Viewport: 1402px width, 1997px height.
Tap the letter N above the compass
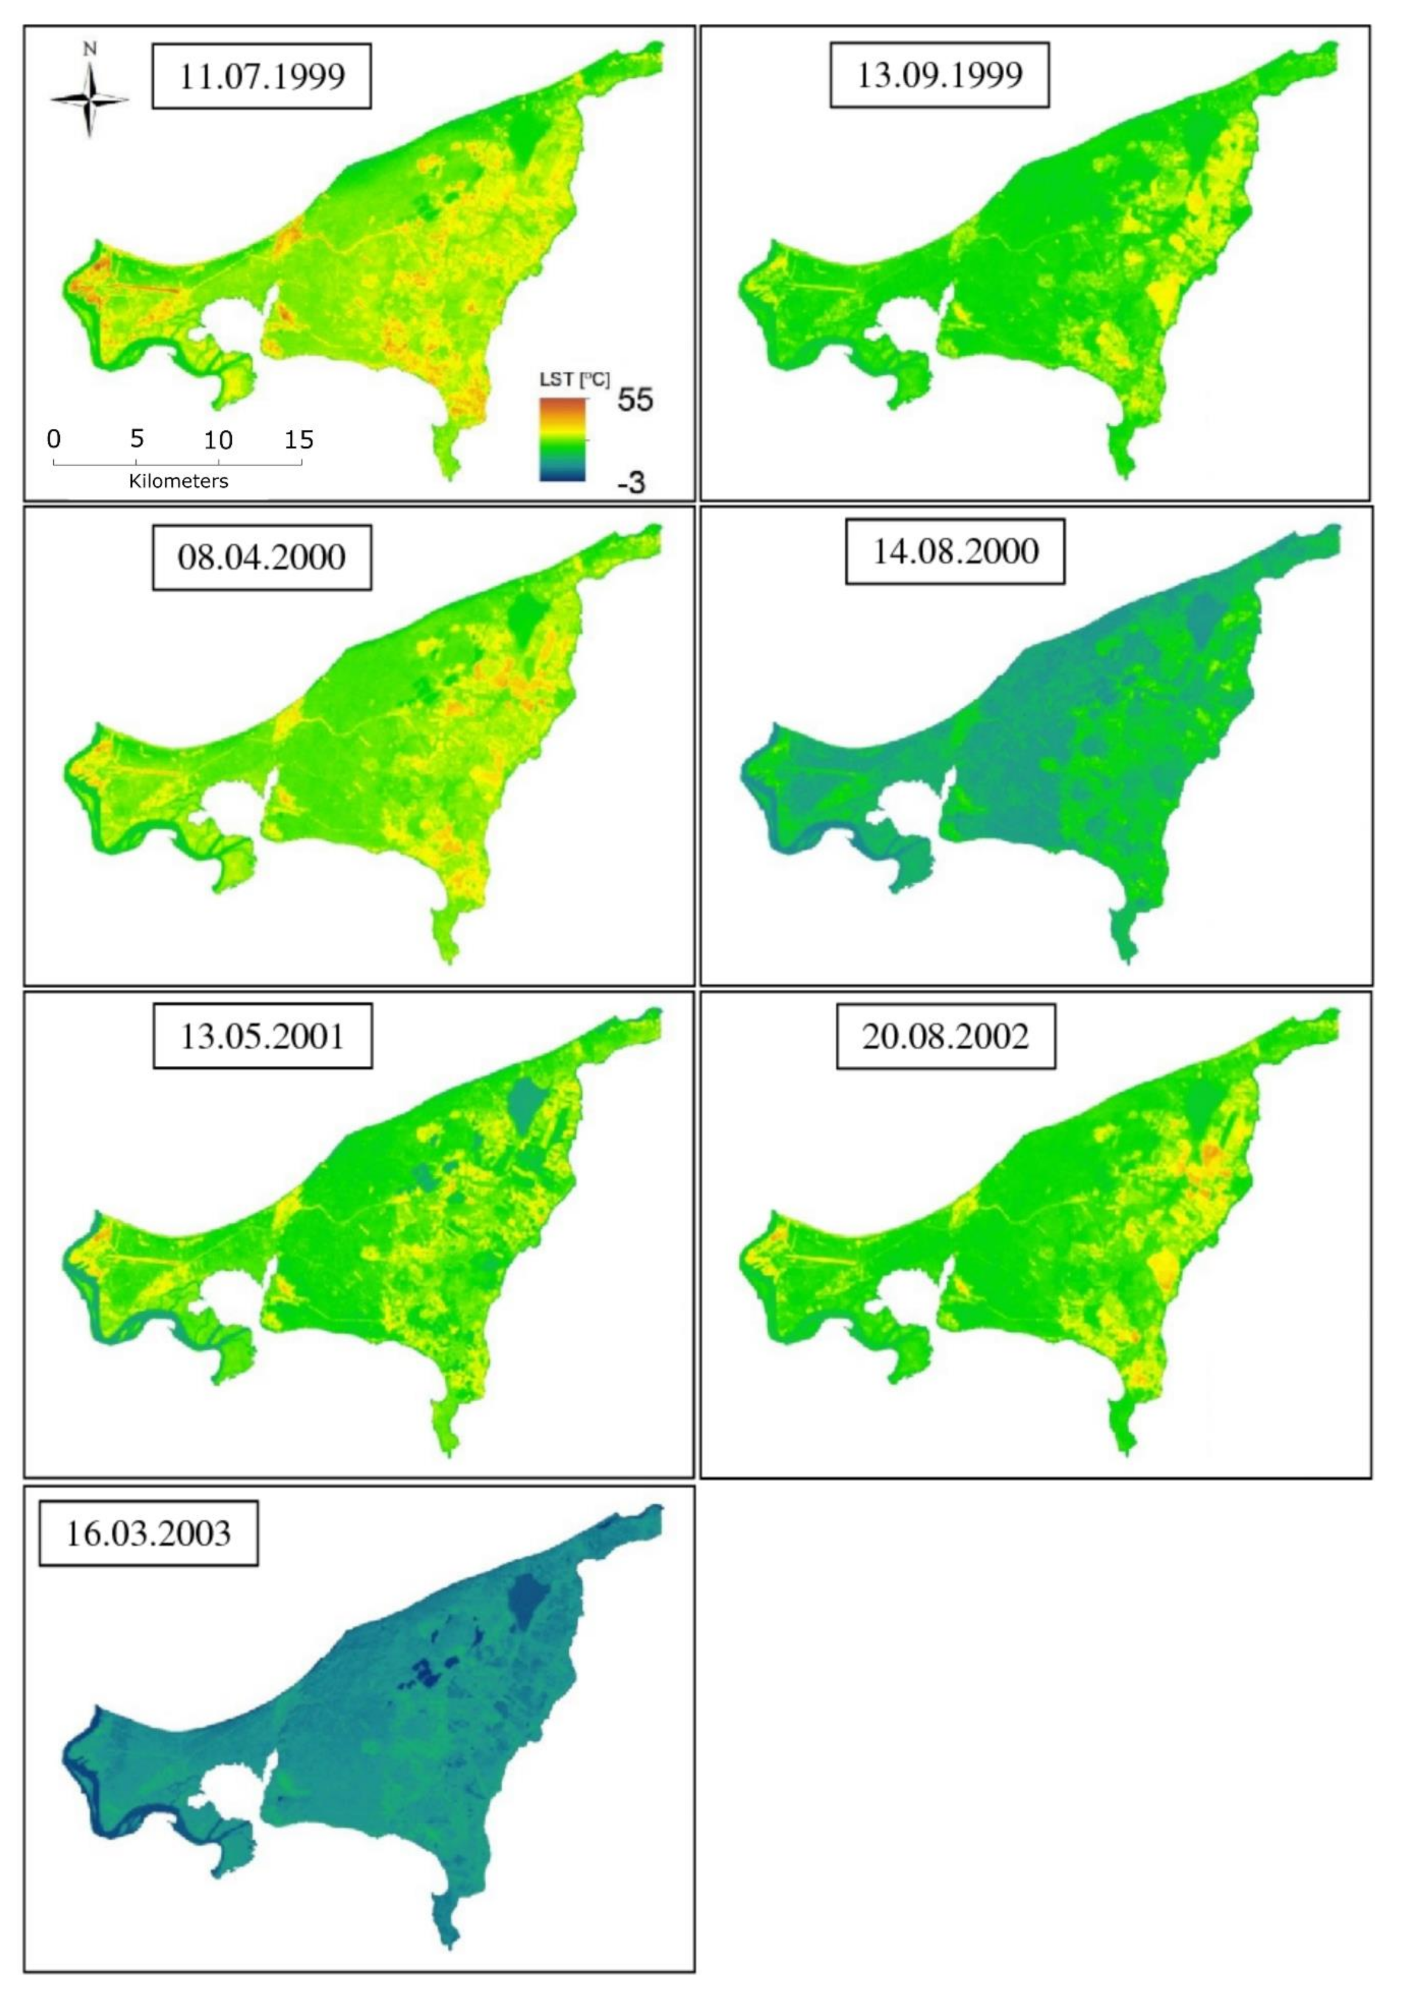tap(90, 50)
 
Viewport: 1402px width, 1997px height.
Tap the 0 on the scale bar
tap(54, 439)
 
